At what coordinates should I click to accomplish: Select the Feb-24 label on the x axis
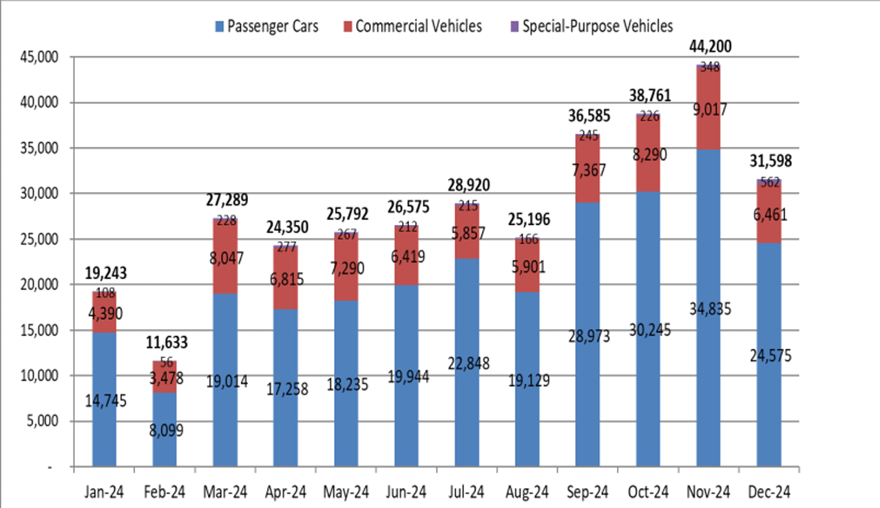point(165,493)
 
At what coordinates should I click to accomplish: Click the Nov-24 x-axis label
point(709,493)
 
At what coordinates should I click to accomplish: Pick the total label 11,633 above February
point(165,343)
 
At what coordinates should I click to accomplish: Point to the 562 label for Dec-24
point(768,182)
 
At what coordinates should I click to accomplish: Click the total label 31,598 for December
point(768,162)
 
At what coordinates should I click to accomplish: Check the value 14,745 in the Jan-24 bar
point(105,401)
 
